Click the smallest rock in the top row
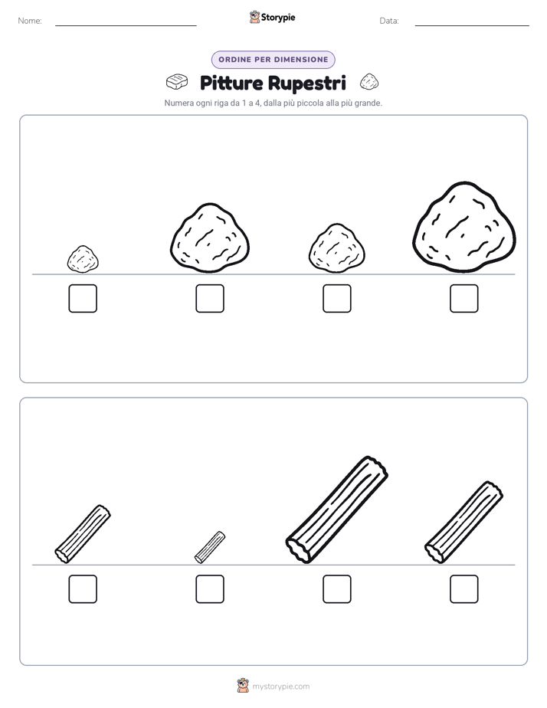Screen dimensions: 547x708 click(x=83, y=259)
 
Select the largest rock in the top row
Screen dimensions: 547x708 click(x=464, y=227)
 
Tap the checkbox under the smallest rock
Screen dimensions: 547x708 click(x=83, y=299)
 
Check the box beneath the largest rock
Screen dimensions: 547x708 click(x=464, y=299)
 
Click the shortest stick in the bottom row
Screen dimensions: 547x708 click(x=210, y=547)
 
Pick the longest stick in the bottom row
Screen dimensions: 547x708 click(x=336, y=510)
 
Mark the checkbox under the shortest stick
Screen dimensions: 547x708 click(x=210, y=589)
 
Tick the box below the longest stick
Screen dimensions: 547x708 click(x=337, y=589)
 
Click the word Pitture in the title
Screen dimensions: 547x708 click(x=231, y=83)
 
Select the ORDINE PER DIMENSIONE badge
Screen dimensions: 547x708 click(x=273, y=60)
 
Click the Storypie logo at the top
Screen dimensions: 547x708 click(x=272, y=17)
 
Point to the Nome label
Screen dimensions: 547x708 click(x=30, y=21)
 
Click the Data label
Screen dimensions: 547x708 click(x=389, y=21)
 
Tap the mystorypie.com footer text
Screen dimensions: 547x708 click(x=280, y=687)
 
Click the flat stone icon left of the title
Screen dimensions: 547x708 click(x=177, y=82)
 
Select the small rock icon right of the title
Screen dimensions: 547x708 click(x=369, y=82)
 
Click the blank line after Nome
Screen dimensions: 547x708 click(x=126, y=26)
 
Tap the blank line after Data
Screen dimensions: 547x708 click(x=472, y=26)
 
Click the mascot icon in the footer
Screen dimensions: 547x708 click(x=243, y=686)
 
